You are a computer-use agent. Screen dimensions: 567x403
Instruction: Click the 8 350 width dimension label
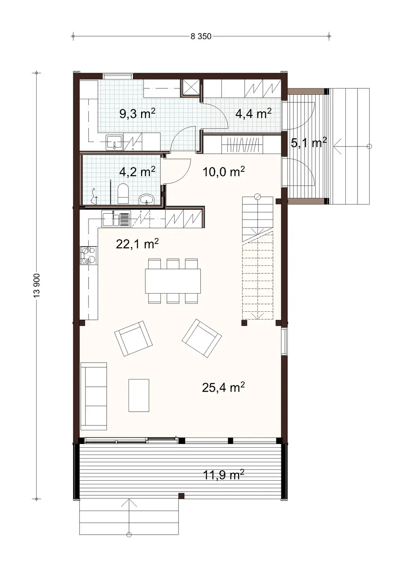[x=201, y=36]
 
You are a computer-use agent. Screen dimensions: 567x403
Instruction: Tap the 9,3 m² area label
[x=137, y=114]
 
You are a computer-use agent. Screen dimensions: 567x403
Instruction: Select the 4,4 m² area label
[x=253, y=114]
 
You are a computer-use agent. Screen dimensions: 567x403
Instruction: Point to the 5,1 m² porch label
[x=308, y=142]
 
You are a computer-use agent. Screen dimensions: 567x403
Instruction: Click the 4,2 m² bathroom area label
[x=137, y=172]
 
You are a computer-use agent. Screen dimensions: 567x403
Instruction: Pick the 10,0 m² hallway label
[x=224, y=172]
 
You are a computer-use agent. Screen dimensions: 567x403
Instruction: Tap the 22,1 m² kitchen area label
[x=137, y=244]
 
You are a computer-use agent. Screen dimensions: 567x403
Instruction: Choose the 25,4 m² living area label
[x=223, y=388]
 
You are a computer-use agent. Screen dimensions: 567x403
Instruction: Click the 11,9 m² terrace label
[x=223, y=475]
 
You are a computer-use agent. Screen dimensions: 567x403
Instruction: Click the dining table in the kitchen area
[x=173, y=281]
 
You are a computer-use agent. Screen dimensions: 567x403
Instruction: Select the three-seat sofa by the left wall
[x=94, y=396]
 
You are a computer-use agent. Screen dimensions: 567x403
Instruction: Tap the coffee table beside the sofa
[x=139, y=395]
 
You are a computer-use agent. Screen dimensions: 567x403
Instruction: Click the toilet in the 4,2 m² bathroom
[x=123, y=194]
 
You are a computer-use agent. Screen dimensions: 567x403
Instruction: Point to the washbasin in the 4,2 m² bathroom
[x=146, y=199]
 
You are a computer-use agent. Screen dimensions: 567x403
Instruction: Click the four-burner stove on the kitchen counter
[x=88, y=255]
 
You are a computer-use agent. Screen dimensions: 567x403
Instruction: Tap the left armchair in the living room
[x=133, y=338]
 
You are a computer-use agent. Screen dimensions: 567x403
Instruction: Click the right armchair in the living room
[x=201, y=338]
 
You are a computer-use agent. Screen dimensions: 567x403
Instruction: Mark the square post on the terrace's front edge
[x=181, y=495]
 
